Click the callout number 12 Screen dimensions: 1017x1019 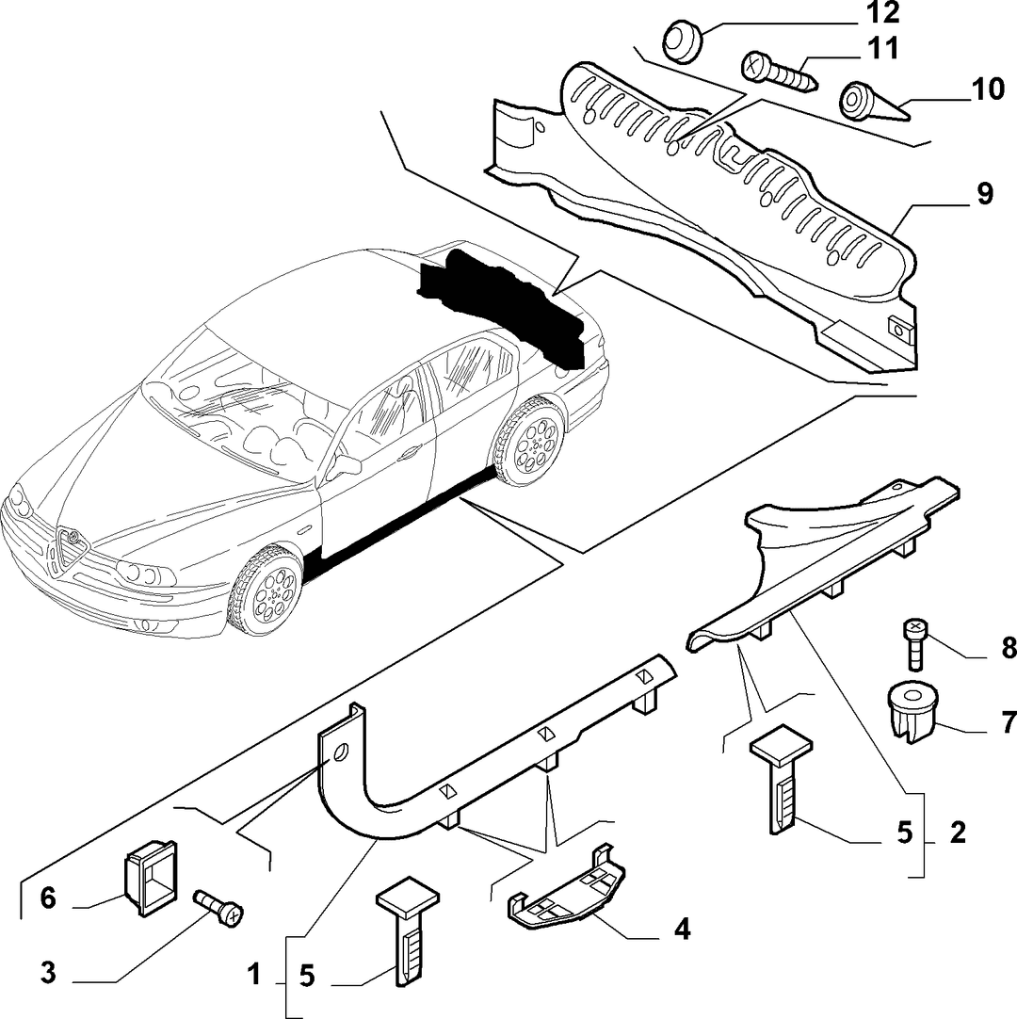tap(881, 12)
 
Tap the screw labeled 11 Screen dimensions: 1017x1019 tap(780, 73)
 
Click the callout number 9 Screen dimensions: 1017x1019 tap(984, 194)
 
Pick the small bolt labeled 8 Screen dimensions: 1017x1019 tap(914, 643)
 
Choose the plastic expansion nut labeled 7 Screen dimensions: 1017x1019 tap(912, 712)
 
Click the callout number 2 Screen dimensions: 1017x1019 tap(958, 833)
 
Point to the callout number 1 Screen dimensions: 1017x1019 tap(254, 975)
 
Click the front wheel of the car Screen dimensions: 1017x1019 tap(266, 590)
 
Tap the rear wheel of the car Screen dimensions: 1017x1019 tap(527, 441)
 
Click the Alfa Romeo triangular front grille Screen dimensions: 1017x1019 tap(72, 546)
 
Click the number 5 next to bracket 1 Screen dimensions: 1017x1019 tap(307, 976)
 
